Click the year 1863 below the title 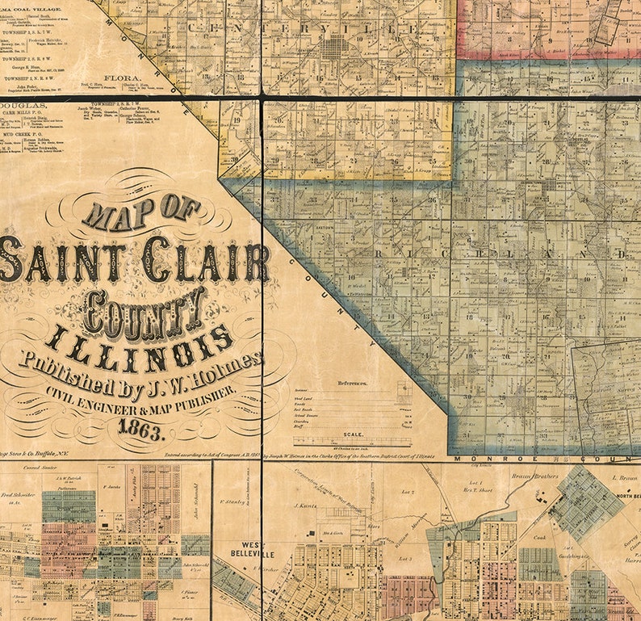140,430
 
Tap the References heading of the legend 352,382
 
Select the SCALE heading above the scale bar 353,434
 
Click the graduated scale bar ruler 352,442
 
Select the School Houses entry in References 307,415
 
